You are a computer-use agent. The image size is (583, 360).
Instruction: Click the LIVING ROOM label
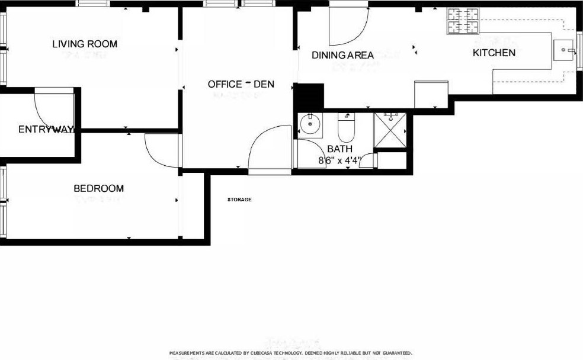coord(85,44)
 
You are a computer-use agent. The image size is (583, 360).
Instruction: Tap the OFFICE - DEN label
coord(241,85)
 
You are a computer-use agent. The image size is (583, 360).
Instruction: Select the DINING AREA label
coord(343,56)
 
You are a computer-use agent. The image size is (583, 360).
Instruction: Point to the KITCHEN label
coord(494,53)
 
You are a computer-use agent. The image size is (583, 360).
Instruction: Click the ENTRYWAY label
coord(46,130)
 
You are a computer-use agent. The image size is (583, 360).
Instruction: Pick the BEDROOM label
coord(98,189)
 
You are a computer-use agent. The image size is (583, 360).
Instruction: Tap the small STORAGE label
coord(239,200)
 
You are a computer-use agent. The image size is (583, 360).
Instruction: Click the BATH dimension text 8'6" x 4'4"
coord(339,160)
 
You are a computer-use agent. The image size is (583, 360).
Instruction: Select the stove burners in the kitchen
coord(463,20)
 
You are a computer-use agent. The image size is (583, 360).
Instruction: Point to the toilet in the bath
coord(345,126)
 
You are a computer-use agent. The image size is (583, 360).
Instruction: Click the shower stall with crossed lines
coord(390,132)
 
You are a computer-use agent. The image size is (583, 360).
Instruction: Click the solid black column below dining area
coord(309,97)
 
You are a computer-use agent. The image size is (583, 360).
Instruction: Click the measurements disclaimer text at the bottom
coord(291,353)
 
